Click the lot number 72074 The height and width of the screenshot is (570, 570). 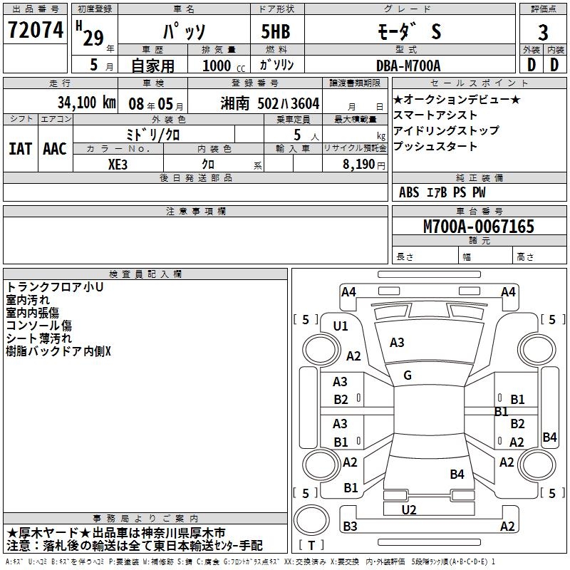[35, 31]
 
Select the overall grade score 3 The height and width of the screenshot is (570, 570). [543, 33]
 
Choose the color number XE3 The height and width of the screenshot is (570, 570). [118, 163]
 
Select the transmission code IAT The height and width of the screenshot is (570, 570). [21, 148]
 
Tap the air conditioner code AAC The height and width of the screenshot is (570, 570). [54, 148]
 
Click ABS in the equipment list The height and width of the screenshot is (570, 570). [409, 192]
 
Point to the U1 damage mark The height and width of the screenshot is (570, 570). [341, 326]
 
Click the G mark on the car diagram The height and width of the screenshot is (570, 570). [408, 375]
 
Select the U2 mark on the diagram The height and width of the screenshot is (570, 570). [409, 509]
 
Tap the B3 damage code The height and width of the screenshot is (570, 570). [350, 527]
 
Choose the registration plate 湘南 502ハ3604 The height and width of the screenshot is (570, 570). [270, 103]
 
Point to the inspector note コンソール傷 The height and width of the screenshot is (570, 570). [38, 326]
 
